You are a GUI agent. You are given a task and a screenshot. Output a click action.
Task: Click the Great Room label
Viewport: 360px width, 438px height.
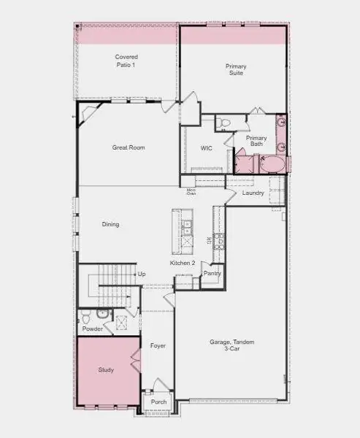pyautogui.click(x=128, y=147)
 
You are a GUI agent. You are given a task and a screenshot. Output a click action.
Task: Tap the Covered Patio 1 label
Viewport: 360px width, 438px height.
pyautogui.click(x=126, y=61)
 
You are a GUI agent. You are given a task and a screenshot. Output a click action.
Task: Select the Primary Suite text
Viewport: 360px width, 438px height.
pyautogui.click(x=235, y=69)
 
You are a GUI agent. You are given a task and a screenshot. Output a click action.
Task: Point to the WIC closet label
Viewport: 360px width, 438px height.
pyautogui.click(x=206, y=148)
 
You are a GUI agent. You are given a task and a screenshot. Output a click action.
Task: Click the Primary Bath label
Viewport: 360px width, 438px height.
pyautogui.click(x=256, y=141)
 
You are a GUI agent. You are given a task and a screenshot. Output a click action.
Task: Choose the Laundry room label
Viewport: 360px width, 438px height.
pyautogui.click(x=253, y=193)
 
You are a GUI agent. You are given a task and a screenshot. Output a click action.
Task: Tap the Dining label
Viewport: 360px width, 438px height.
pyautogui.click(x=110, y=224)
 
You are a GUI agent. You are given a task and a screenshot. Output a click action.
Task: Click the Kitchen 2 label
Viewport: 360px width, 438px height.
pyautogui.click(x=182, y=262)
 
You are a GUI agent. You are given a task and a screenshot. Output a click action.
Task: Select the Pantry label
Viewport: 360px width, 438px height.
pyautogui.click(x=212, y=273)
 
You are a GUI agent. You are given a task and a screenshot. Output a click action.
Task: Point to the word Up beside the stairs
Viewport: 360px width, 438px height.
pyautogui.click(x=142, y=274)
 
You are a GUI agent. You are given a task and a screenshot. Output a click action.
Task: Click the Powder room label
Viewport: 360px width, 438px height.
pyautogui.click(x=92, y=328)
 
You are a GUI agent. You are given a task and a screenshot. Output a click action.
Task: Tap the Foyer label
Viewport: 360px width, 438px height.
pyautogui.click(x=158, y=345)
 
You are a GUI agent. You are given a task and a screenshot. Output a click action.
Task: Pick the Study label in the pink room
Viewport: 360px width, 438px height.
pyautogui.click(x=106, y=369)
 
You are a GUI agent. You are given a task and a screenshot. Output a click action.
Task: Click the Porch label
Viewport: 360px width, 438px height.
pyautogui.click(x=158, y=402)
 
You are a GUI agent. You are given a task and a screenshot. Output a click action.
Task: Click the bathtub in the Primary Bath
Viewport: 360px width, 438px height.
pyautogui.click(x=273, y=164)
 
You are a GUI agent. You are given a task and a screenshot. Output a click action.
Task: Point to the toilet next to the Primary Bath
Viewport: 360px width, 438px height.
pyautogui.click(x=226, y=122)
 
